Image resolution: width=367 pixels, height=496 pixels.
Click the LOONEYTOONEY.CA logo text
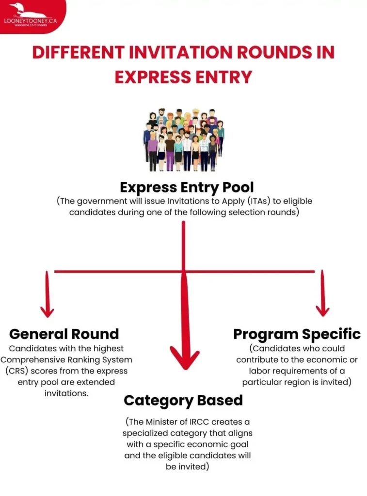pyautogui.click(x=31, y=21)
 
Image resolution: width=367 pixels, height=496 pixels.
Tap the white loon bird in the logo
pyautogui.click(x=27, y=11)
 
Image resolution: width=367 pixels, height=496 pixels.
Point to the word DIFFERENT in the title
pyautogui.click(x=78, y=52)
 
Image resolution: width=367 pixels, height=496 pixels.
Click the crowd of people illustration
pyautogui.click(x=183, y=139)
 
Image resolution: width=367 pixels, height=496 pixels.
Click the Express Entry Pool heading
pyautogui.click(x=187, y=187)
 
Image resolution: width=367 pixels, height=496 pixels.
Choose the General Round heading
pyautogui.click(x=64, y=334)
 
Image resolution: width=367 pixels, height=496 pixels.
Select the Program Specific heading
pyautogui.click(x=297, y=335)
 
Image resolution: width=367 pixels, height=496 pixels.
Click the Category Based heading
pyautogui.click(x=183, y=401)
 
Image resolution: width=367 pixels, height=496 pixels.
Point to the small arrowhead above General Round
pyautogui.click(x=47, y=311)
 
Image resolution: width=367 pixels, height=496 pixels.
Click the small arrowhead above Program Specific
pyautogui.click(x=323, y=310)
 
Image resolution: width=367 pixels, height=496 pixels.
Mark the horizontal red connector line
pyautogui.click(x=184, y=271)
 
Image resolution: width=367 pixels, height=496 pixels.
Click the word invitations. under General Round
pyautogui.click(x=66, y=393)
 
